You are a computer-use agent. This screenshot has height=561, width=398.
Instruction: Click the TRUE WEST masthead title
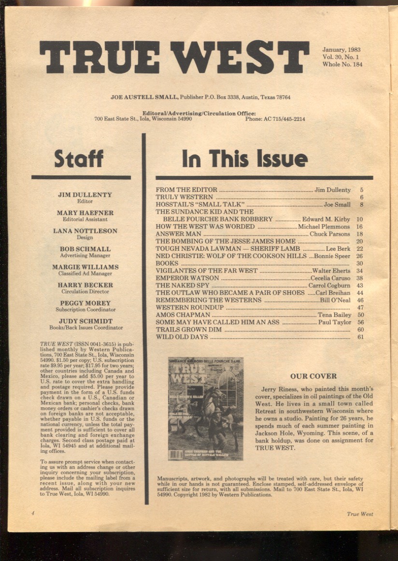pos(174,57)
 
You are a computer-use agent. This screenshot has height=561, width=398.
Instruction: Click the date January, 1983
pos(341,50)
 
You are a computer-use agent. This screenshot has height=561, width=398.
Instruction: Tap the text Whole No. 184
pos(342,64)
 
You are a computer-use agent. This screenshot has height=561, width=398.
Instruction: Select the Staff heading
pos(79,158)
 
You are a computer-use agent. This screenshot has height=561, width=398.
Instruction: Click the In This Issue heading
pos(244,158)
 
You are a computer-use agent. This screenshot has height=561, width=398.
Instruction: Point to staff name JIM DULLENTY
pos(85,195)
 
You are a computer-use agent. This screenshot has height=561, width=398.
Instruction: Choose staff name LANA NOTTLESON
pos(85,231)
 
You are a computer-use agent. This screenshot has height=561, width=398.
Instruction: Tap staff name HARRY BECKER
pos(85,285)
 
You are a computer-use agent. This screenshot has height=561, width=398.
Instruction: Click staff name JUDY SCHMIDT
pos(85,321)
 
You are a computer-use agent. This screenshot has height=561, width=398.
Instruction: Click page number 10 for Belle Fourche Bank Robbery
pos(359,219)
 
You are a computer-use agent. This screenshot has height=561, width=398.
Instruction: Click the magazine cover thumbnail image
pos(206,408)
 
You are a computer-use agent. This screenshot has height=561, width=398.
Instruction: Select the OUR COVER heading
pos(313,376)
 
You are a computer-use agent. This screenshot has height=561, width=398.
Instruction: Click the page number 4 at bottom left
pos(32,514)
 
